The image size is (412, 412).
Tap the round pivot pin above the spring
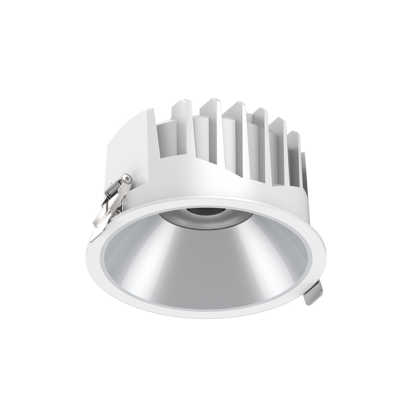127,180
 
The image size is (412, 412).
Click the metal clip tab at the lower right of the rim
314,292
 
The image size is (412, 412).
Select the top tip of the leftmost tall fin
183,103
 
